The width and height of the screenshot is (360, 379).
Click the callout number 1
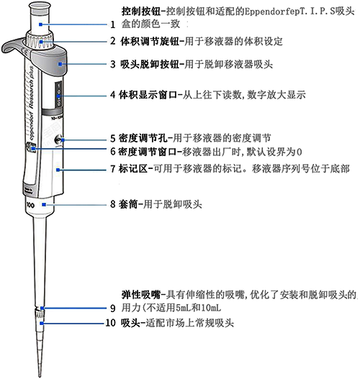pyautogui.click(x=112, y=24)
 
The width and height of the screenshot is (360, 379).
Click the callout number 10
pyautogui.click(x=110, y=324)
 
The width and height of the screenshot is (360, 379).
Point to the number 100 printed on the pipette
pyautogui.click(x=31, y=204)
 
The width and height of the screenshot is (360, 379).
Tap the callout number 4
pyautogui.click(x=112, y=94)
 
